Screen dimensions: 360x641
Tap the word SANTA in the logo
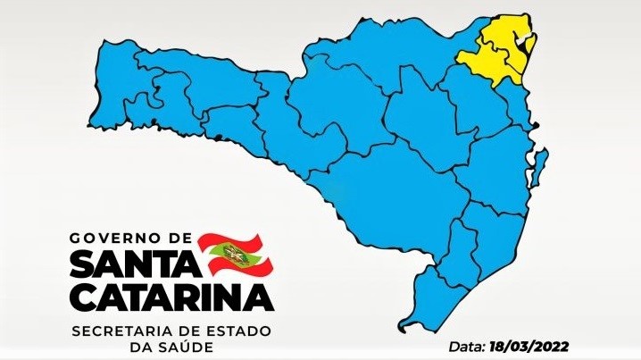tap(130, 264)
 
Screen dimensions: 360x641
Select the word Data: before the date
tap(466, 345)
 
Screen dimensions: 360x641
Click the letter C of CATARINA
tap(83, 295)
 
